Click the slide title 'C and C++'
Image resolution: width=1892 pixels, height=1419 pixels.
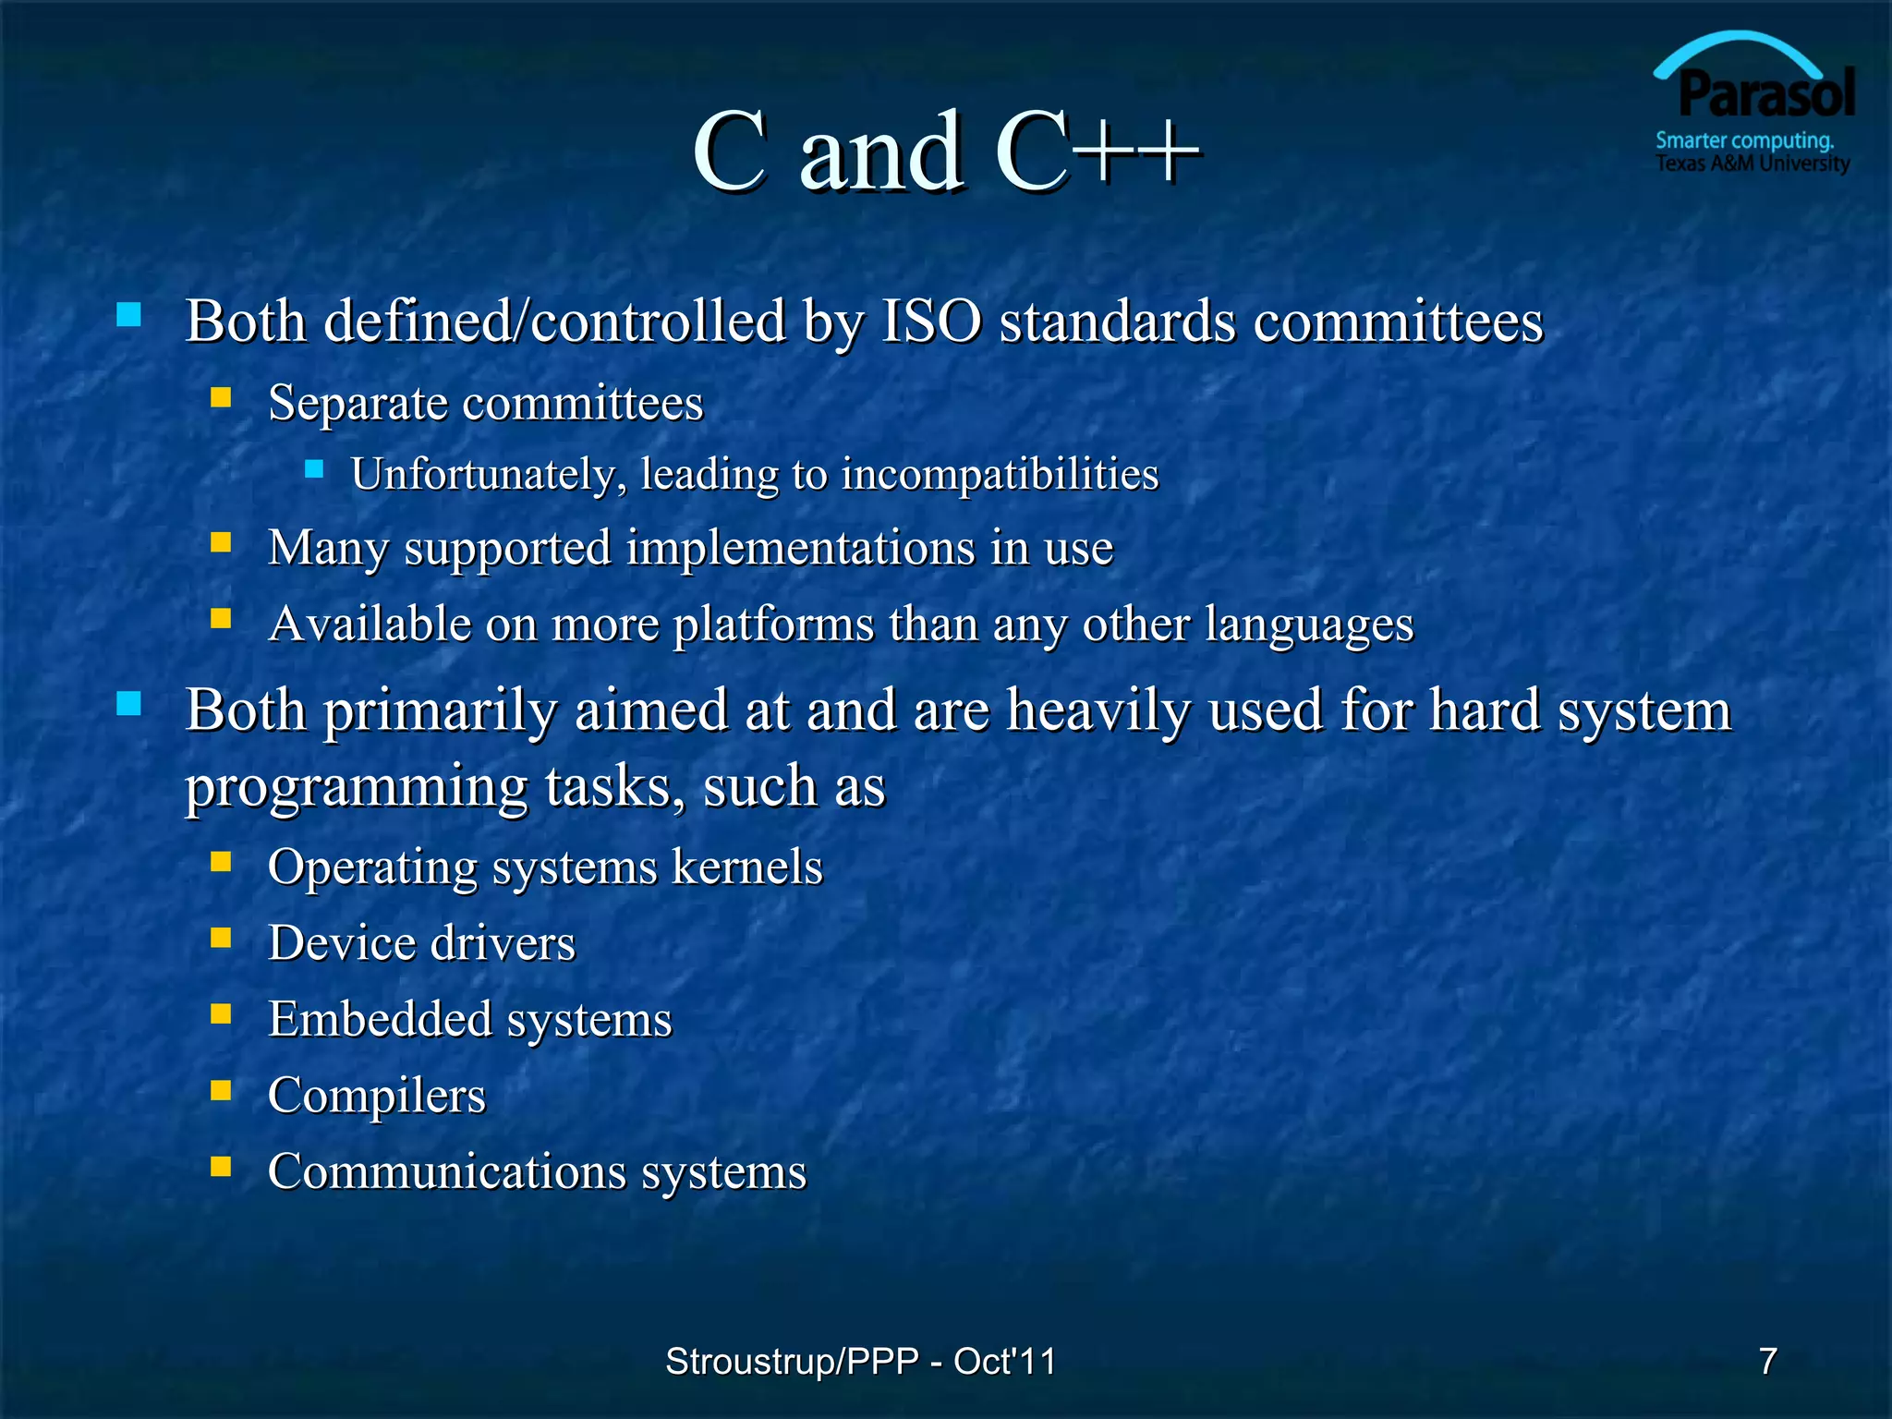tap(946, 152)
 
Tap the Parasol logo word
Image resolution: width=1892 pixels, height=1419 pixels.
tap(1765, 94)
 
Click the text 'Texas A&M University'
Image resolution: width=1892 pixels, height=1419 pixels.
tap(1753, 164)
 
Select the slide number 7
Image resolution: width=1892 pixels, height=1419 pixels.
tap(1767, 1361)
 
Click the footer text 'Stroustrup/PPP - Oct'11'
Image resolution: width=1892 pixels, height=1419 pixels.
tap(860, 1361)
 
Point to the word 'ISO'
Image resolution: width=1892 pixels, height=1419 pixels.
tap(931, 321)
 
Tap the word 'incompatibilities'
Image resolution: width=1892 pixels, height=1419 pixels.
tap(1000, 474)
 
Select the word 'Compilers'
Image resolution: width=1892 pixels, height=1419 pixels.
tap(376, 1096)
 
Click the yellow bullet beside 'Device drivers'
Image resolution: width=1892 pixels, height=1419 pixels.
tap(221, 939)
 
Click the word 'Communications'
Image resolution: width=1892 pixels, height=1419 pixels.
tap(446, 1171)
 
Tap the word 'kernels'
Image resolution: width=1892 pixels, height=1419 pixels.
tap(746, 867)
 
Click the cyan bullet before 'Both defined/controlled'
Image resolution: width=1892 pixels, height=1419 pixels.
tap(129, 316)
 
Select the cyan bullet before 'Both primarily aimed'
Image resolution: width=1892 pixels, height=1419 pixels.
tap(129, 705)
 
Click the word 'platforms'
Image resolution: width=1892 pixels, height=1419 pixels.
tap(773, 625)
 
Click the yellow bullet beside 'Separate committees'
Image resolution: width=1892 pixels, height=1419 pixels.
tap(221, 398)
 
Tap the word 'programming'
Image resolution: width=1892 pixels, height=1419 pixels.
tap(357, 788)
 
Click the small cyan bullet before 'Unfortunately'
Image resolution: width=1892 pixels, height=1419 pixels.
tap(314, 469)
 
